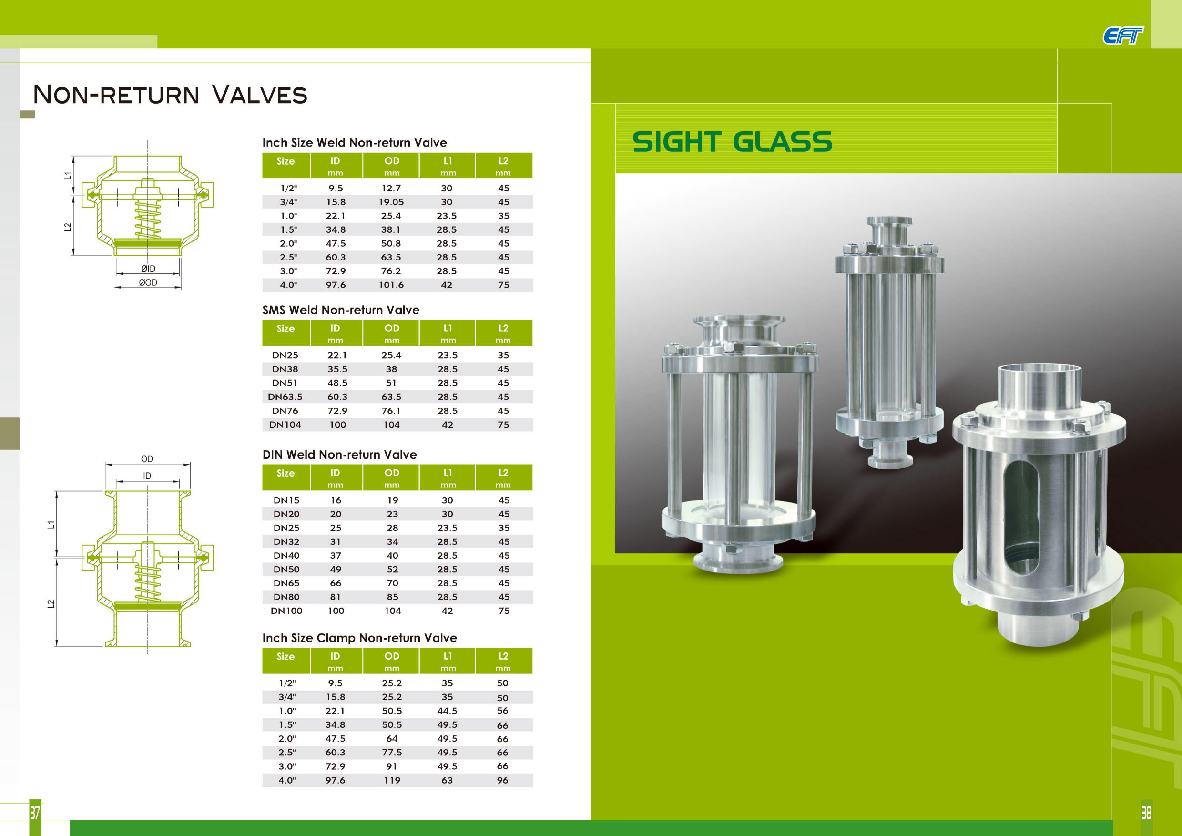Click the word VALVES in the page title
coord(260,95)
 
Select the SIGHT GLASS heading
coord(732,142)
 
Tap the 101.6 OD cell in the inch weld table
coord(391,285)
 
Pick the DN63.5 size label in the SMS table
coord(285,397)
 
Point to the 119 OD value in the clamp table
coord(392,780)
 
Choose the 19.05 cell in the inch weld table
coord(391,202)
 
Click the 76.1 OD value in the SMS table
coord(391,411)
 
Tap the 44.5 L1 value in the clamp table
coord(447,711)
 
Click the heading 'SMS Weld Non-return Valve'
coord(341,310)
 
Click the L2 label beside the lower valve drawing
coord(51,604)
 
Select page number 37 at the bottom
coord(35,813)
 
